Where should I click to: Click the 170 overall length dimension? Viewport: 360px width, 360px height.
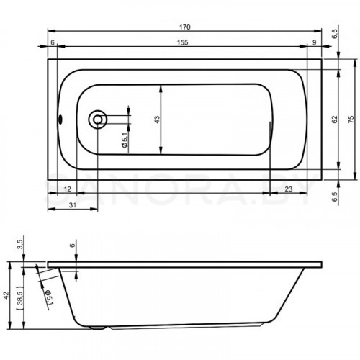click(185, 27)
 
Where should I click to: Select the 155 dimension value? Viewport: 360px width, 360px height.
click(183, 42)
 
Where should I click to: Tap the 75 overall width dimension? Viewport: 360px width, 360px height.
click(351, 120)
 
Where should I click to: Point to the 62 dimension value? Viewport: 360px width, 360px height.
click(335, 120)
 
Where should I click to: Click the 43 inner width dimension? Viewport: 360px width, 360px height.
click(156, 120)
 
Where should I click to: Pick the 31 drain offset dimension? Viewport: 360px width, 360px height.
click(73, 205)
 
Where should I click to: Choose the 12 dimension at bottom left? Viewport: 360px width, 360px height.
click(68, 189)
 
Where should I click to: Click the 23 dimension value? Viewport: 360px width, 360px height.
click(288, 189)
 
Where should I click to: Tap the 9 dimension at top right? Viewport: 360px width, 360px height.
click(315, 42)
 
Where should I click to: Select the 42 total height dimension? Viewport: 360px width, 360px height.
click(6, 295)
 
